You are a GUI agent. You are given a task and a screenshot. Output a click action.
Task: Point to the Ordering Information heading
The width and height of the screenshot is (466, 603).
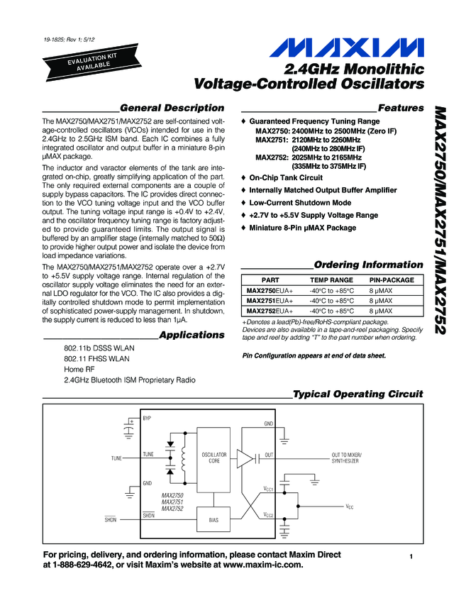point(368,265)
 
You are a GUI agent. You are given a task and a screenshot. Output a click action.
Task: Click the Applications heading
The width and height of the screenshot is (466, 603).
point(192,334)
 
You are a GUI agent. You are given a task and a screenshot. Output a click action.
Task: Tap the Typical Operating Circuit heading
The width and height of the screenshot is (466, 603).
point(357,394)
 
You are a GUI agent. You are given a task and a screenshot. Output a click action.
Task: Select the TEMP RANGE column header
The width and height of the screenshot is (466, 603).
point(331,280)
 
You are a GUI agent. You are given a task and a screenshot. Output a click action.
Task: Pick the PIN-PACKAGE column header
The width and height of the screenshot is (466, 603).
point(392,280)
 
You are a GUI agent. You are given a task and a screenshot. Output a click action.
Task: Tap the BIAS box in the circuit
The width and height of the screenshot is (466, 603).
point(213,520)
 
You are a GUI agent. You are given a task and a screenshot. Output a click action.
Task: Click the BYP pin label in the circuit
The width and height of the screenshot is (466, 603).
point(147,419)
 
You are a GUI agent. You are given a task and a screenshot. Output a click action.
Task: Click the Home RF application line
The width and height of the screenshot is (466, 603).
point(79,370)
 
